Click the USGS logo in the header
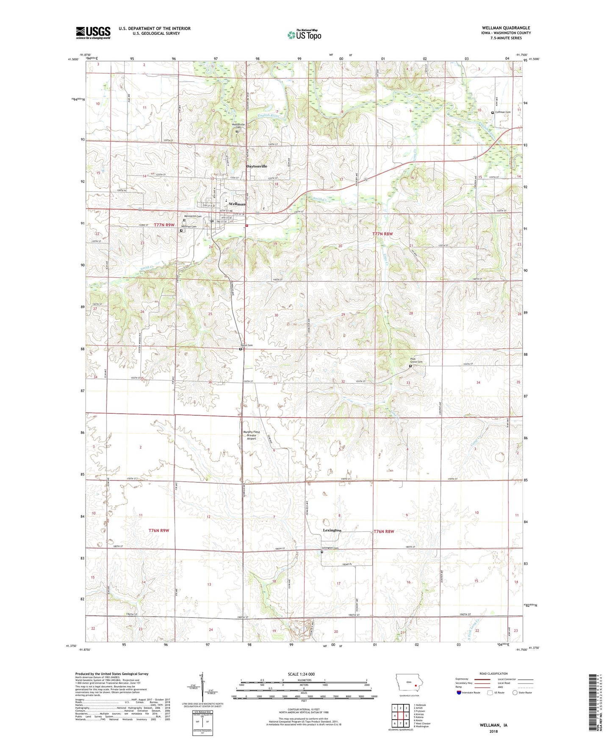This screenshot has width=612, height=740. point(93,33)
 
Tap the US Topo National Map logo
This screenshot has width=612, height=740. point(304,35)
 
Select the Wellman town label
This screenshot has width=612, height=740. point(237,204)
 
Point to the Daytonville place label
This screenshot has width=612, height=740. point(257,167)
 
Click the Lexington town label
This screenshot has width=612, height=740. point(332,530)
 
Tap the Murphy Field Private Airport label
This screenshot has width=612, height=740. point(252,435)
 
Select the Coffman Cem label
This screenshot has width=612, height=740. point(503,112)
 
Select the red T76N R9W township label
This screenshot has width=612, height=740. point(159,531)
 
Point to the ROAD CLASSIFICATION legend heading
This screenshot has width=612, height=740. point(493,673)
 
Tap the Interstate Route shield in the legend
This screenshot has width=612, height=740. point(459,693)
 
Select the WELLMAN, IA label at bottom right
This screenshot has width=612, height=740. point(493,725)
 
